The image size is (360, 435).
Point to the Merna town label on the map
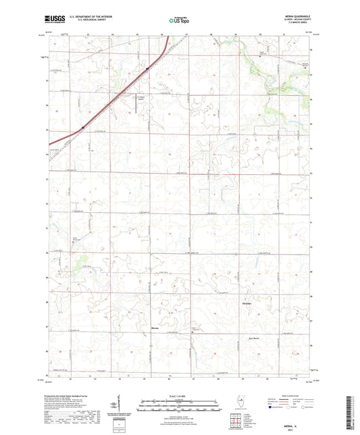154,329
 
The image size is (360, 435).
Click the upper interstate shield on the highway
147,68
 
